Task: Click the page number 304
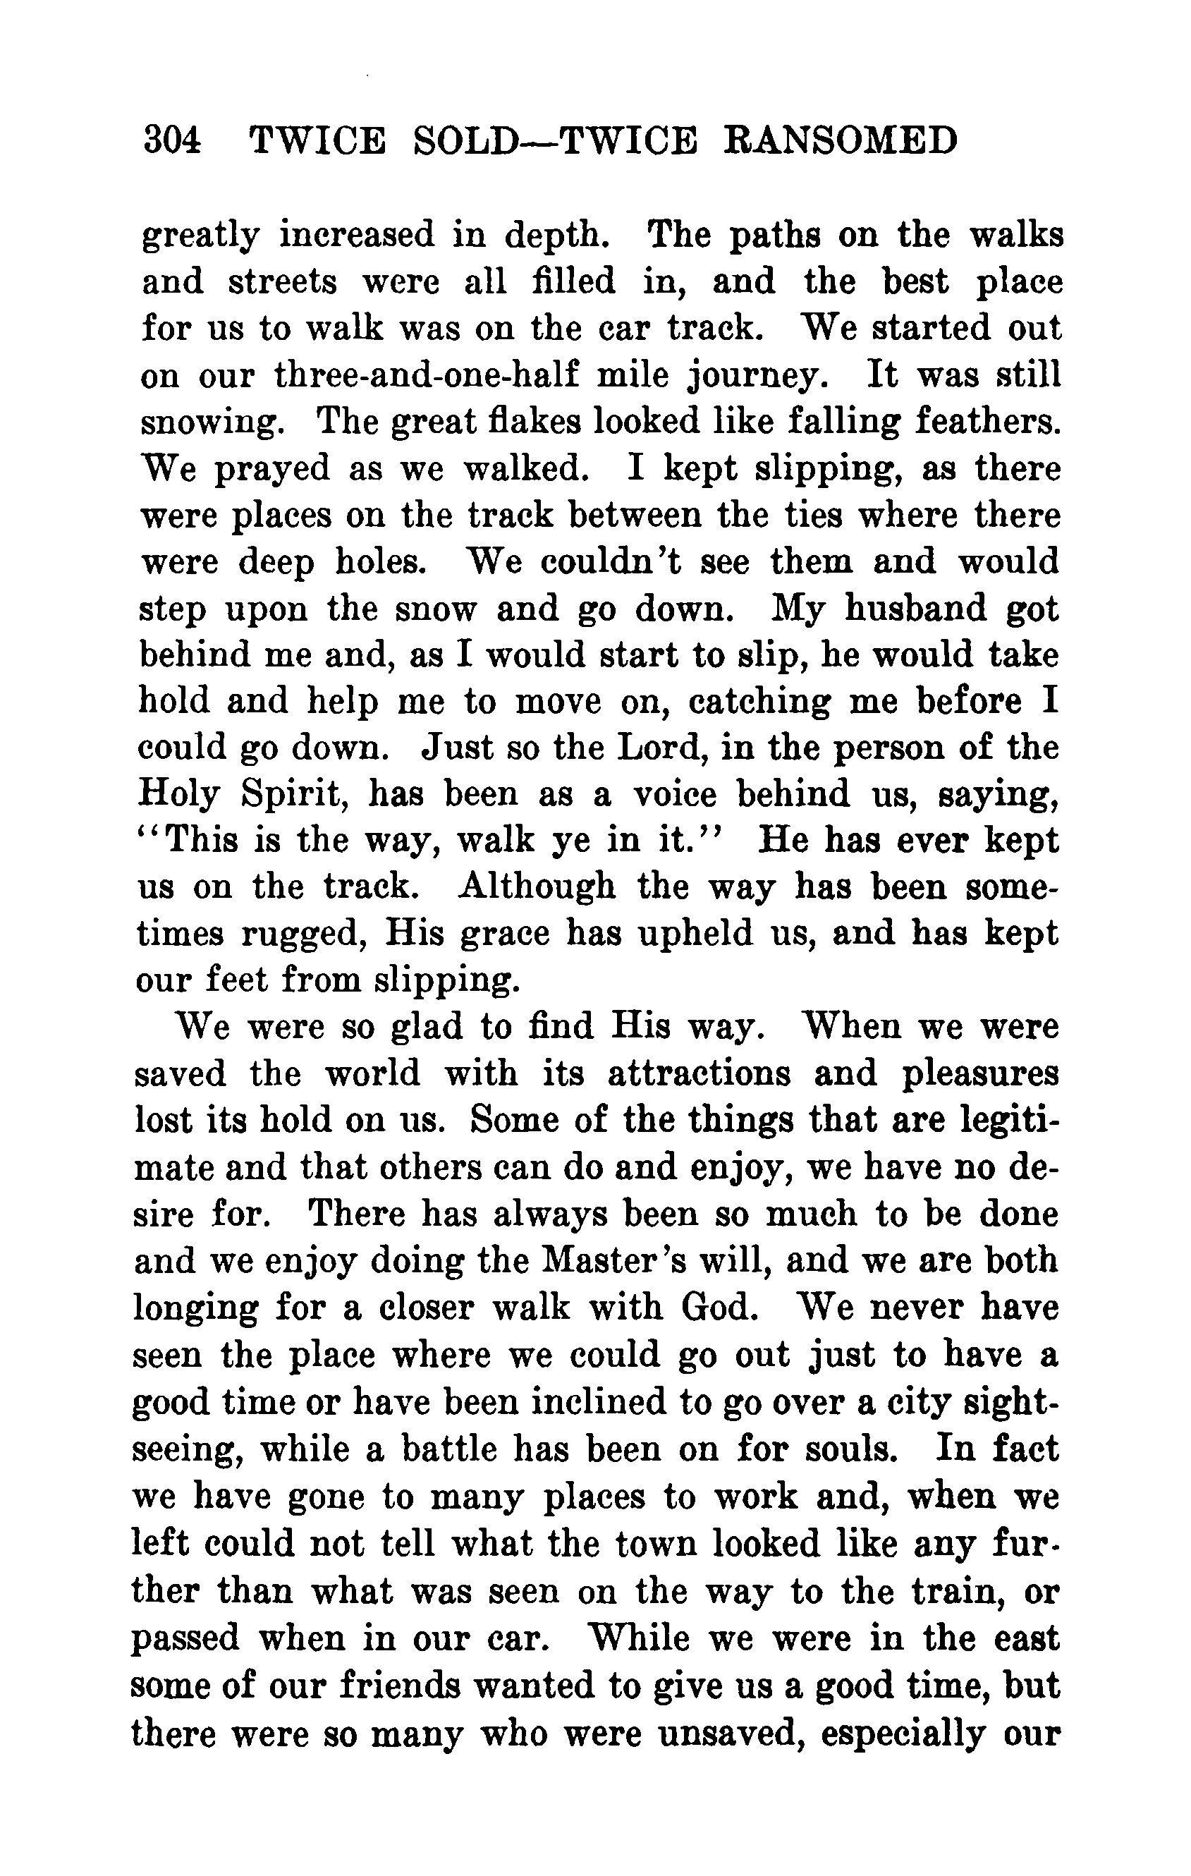coord(172,142)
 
